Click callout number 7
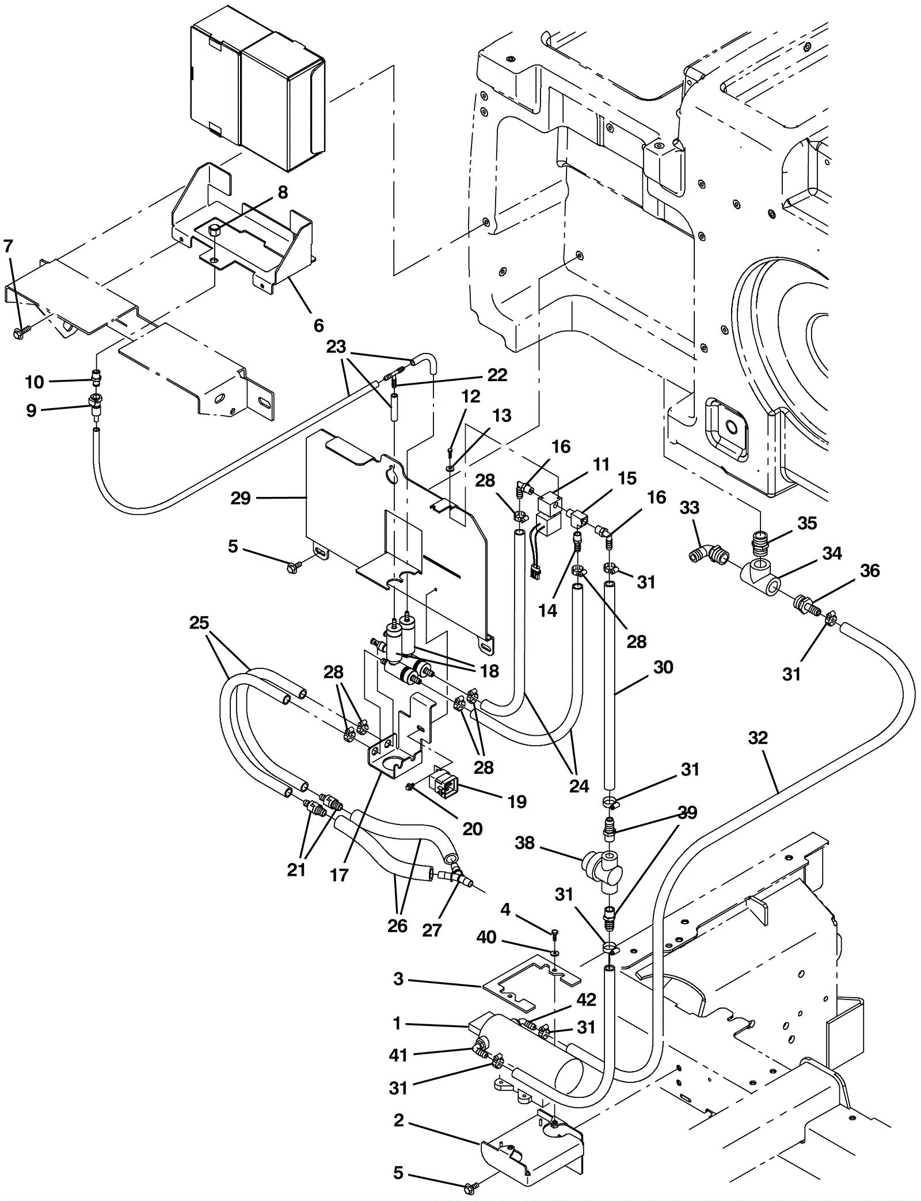(7, 247)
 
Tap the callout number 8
(282, 192)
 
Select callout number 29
(241, 498)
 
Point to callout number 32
(758, 738)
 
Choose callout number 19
(517, 801)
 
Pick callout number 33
(690, 508)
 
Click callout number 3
(398, 979)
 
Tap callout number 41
(398, 1055)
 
